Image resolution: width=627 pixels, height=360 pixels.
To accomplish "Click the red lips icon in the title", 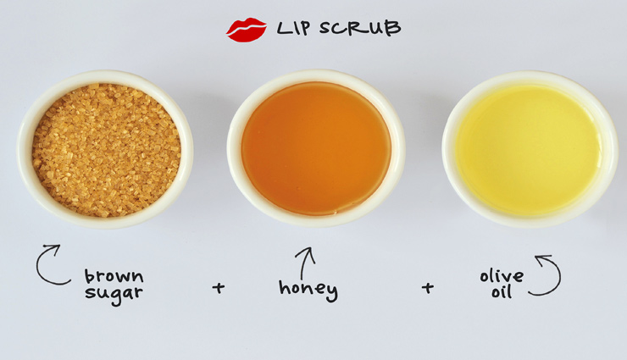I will click(x=246, y=30).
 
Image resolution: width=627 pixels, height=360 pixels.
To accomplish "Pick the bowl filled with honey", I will click(x=315, y=148).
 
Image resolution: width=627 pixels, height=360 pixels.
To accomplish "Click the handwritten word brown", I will click(x=114, y=277).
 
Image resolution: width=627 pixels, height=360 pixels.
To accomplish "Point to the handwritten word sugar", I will click(x=114, y=293).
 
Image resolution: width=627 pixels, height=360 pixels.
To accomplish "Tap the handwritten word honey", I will click(x=308, y=289).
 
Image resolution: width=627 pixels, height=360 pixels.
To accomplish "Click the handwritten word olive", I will click(x=502, y=277).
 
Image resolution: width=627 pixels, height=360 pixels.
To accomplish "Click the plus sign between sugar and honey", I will click(x=219, y=288).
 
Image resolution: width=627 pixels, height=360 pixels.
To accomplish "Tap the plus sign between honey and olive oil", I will click(x=428, y=288).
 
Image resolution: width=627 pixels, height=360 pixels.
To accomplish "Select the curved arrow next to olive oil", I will click(x=547, y=276).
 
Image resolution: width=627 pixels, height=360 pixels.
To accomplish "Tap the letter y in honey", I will click(x=330, y=292).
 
